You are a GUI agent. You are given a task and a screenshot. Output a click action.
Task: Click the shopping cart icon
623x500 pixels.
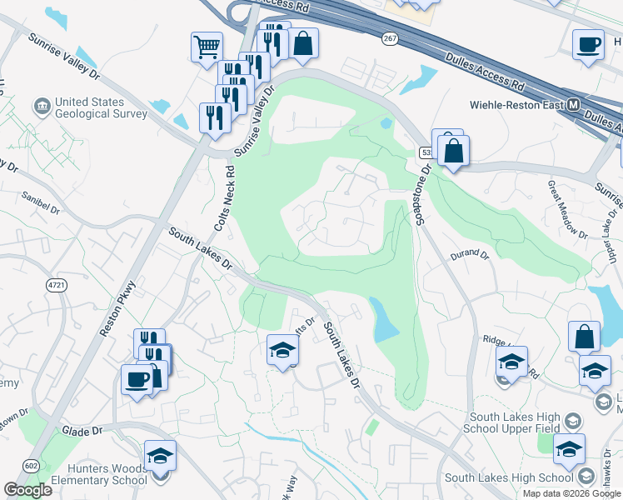click(x=207, y=46)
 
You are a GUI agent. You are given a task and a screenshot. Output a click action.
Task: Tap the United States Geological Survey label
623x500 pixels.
click(x=101, y=108)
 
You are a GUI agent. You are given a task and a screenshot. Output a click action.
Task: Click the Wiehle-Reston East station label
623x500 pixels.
click(x=517, y=106)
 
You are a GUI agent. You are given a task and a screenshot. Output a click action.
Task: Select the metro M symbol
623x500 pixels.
click(x=573, y=106)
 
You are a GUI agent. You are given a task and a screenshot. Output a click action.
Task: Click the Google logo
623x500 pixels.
click(x=27, y=490)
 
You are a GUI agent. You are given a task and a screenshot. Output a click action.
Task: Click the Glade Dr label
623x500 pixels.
click(x=82, y=431)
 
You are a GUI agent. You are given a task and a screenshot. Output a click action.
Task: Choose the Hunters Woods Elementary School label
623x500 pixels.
click(x=99, y=474)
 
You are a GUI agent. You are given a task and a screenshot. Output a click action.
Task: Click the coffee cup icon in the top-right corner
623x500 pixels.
click(x=589, y=43)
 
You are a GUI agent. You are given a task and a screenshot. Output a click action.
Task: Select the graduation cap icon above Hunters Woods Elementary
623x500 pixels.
click(x=160, y=455)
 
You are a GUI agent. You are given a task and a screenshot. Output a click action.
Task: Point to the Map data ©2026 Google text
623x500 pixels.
click(x=571, y=493)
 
